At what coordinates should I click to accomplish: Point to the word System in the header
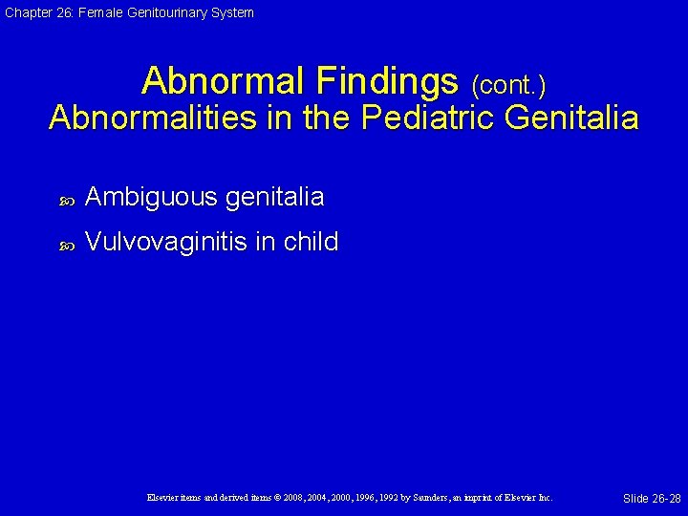232,12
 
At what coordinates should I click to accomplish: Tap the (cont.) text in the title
508,86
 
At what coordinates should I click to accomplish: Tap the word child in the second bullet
311,242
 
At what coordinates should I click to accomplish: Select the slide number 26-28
663,499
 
